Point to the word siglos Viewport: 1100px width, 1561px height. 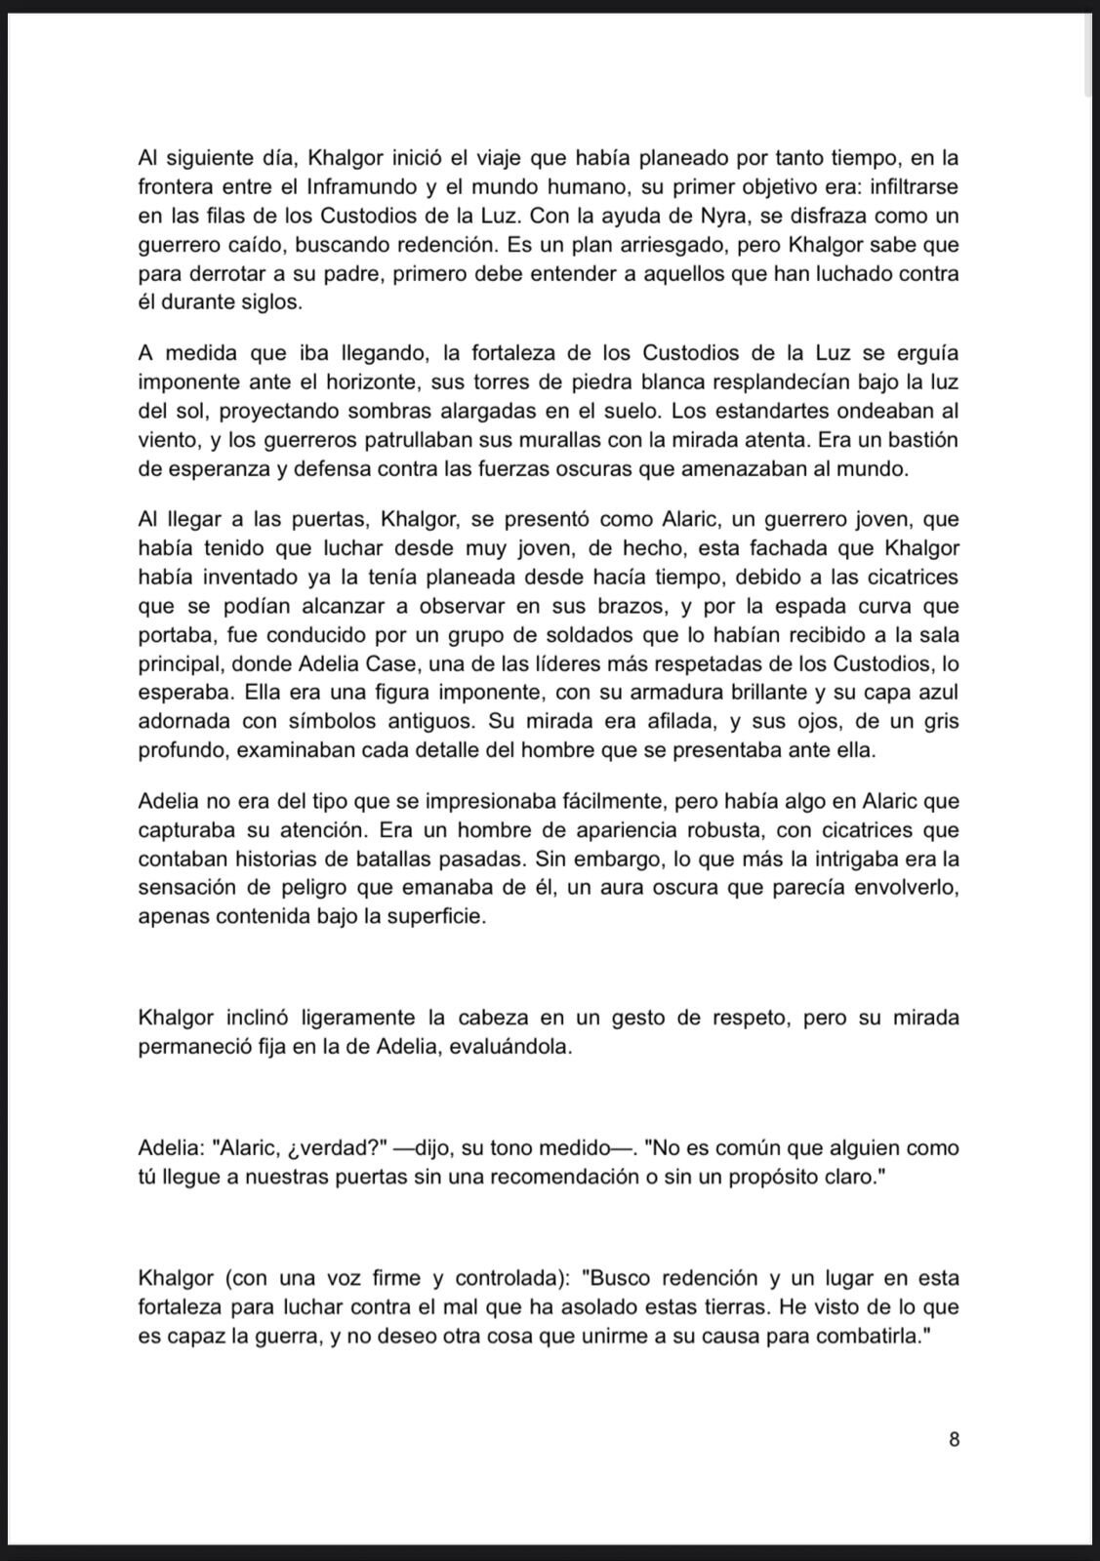265,302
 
